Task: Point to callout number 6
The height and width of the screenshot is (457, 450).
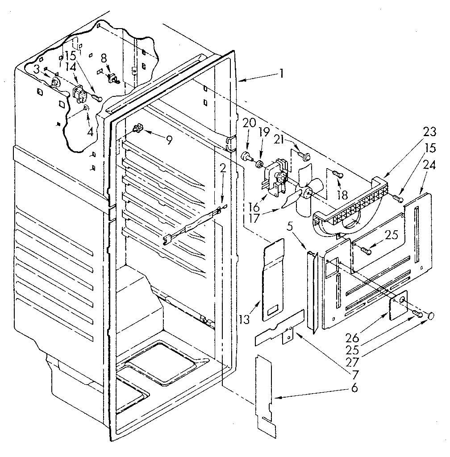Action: coord(354,388)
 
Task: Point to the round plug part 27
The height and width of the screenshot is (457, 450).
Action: coord(431,316)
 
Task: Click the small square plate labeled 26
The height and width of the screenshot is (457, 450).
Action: coord(398,307)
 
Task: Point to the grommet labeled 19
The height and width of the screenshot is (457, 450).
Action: coord(258,164)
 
